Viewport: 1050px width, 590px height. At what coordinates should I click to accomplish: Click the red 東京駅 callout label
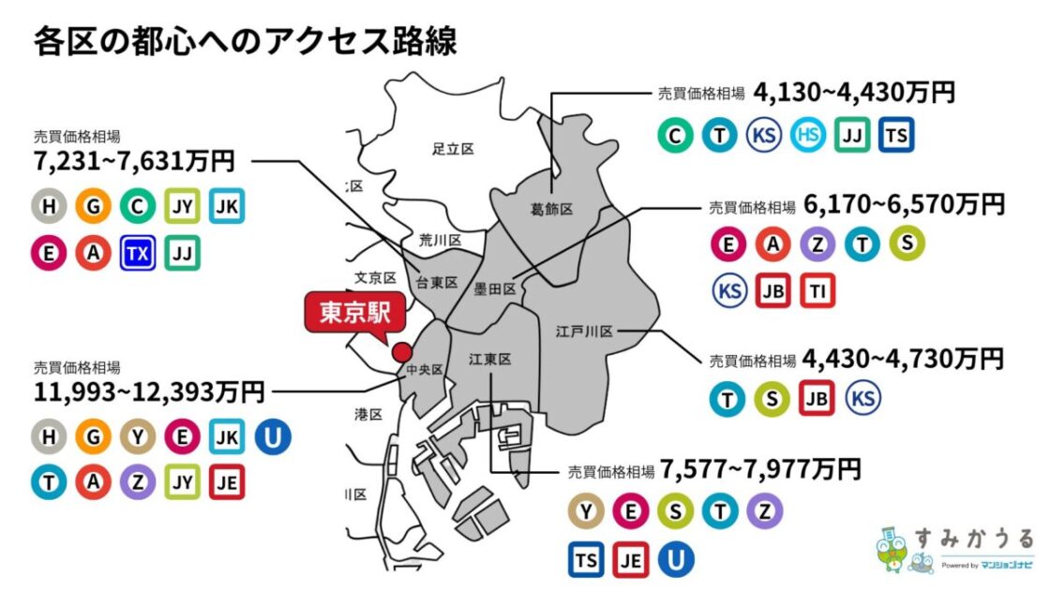(x=354, y=314)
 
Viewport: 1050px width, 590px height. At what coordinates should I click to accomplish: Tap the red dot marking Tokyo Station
(x=401, y=352)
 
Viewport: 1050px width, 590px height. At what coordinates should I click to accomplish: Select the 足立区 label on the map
(x=454, y=149)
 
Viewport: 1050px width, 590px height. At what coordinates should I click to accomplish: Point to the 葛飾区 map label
(x=550, y=209)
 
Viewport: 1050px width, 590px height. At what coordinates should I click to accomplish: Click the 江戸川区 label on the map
(x=583, y=332)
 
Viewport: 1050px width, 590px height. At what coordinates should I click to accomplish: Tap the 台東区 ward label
(x=437, y=282)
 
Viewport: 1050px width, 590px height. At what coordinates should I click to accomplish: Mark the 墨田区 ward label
(x=496, y=290)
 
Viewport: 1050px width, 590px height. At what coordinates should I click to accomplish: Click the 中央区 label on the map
(x=424, y=371)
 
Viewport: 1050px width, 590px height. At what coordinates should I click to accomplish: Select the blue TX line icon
(x=137, y=253)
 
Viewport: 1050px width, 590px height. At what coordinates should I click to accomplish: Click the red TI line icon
(x=817, y=289)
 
